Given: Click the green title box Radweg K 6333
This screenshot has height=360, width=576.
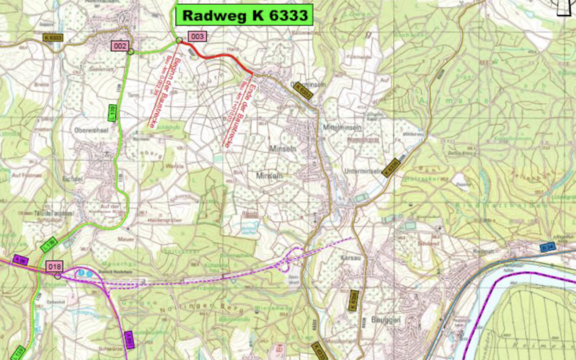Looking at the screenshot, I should click(245, 15).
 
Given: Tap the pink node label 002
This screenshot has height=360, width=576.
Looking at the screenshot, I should click(119, 46).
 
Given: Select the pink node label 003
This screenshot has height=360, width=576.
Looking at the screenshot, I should click(197, 36).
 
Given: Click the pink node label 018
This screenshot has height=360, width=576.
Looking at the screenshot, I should click(54, 266).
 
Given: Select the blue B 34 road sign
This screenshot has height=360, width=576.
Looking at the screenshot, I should click(547, 246).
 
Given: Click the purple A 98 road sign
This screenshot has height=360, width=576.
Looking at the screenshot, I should click(20, 259).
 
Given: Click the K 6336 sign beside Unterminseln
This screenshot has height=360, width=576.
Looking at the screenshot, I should click(391, 166).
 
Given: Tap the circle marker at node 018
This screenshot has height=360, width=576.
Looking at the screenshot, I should click(58, 276).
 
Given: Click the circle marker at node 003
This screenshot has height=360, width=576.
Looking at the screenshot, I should click(179, 41).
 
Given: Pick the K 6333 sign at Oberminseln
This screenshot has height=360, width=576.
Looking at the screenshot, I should click(303, 91).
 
